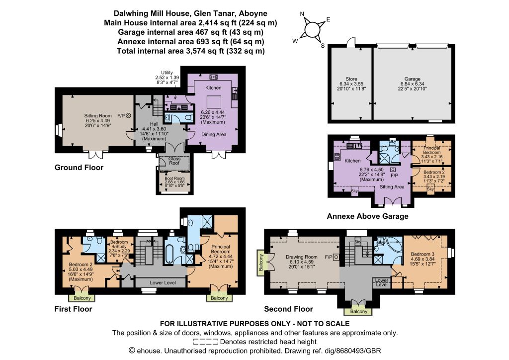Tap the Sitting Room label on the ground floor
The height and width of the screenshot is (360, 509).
(98, 115)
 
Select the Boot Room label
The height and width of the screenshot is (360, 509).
(174, 178)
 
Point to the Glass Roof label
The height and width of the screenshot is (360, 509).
(174, 161)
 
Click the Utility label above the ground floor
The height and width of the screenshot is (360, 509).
(167, 73)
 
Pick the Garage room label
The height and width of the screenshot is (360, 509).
(412, 79)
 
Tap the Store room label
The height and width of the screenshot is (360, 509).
(351, 79)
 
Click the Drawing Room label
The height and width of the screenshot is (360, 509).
(302, 257)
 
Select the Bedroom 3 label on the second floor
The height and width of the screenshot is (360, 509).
(423, 254)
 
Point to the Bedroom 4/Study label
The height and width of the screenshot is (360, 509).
(119, 244)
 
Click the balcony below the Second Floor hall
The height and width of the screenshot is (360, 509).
(358, 311)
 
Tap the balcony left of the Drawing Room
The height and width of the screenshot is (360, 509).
(260, 263)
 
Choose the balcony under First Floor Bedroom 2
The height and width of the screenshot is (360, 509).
(82, 298)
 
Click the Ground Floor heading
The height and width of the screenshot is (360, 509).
(79, 168)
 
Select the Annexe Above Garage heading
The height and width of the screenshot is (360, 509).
(367, 216)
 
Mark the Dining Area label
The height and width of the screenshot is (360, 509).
(214, 134)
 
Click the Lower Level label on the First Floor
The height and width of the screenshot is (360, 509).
(163, 283)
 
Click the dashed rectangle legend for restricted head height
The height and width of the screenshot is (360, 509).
(205, 342)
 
